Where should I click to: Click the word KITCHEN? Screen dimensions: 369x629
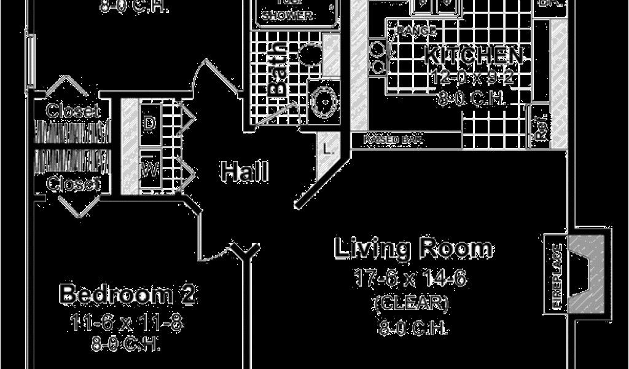(x=475, y=56)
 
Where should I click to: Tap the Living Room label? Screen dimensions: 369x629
(x=413, y=248)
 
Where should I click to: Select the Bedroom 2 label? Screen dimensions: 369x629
(x=128, y=295)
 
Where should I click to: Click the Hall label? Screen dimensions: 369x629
(x=244, y=172)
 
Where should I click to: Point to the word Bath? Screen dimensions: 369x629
(x=278, y=69)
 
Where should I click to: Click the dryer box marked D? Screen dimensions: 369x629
(x=149, y=122)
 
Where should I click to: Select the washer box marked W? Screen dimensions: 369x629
(x=149, y=167)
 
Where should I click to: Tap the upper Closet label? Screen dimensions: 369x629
(x=73, y=111)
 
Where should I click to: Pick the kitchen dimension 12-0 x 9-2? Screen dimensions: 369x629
(x=472, y=77)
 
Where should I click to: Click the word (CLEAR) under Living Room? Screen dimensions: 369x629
(x=411, y=303)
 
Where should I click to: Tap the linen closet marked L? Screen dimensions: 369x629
(x=326, y=148)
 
